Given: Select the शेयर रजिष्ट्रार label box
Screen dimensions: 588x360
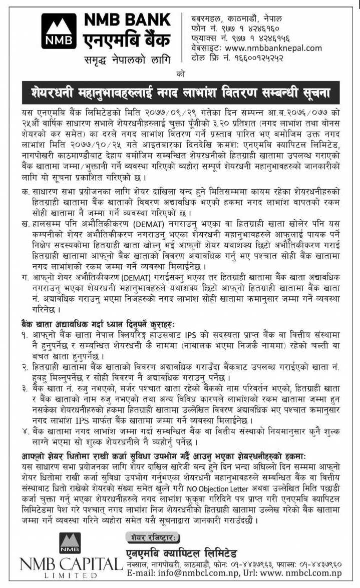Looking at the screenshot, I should pyautogui.click(x=150, y=538).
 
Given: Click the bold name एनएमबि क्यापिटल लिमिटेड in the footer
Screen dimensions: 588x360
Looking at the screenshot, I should pyautogui.click(x=182, y=552).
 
